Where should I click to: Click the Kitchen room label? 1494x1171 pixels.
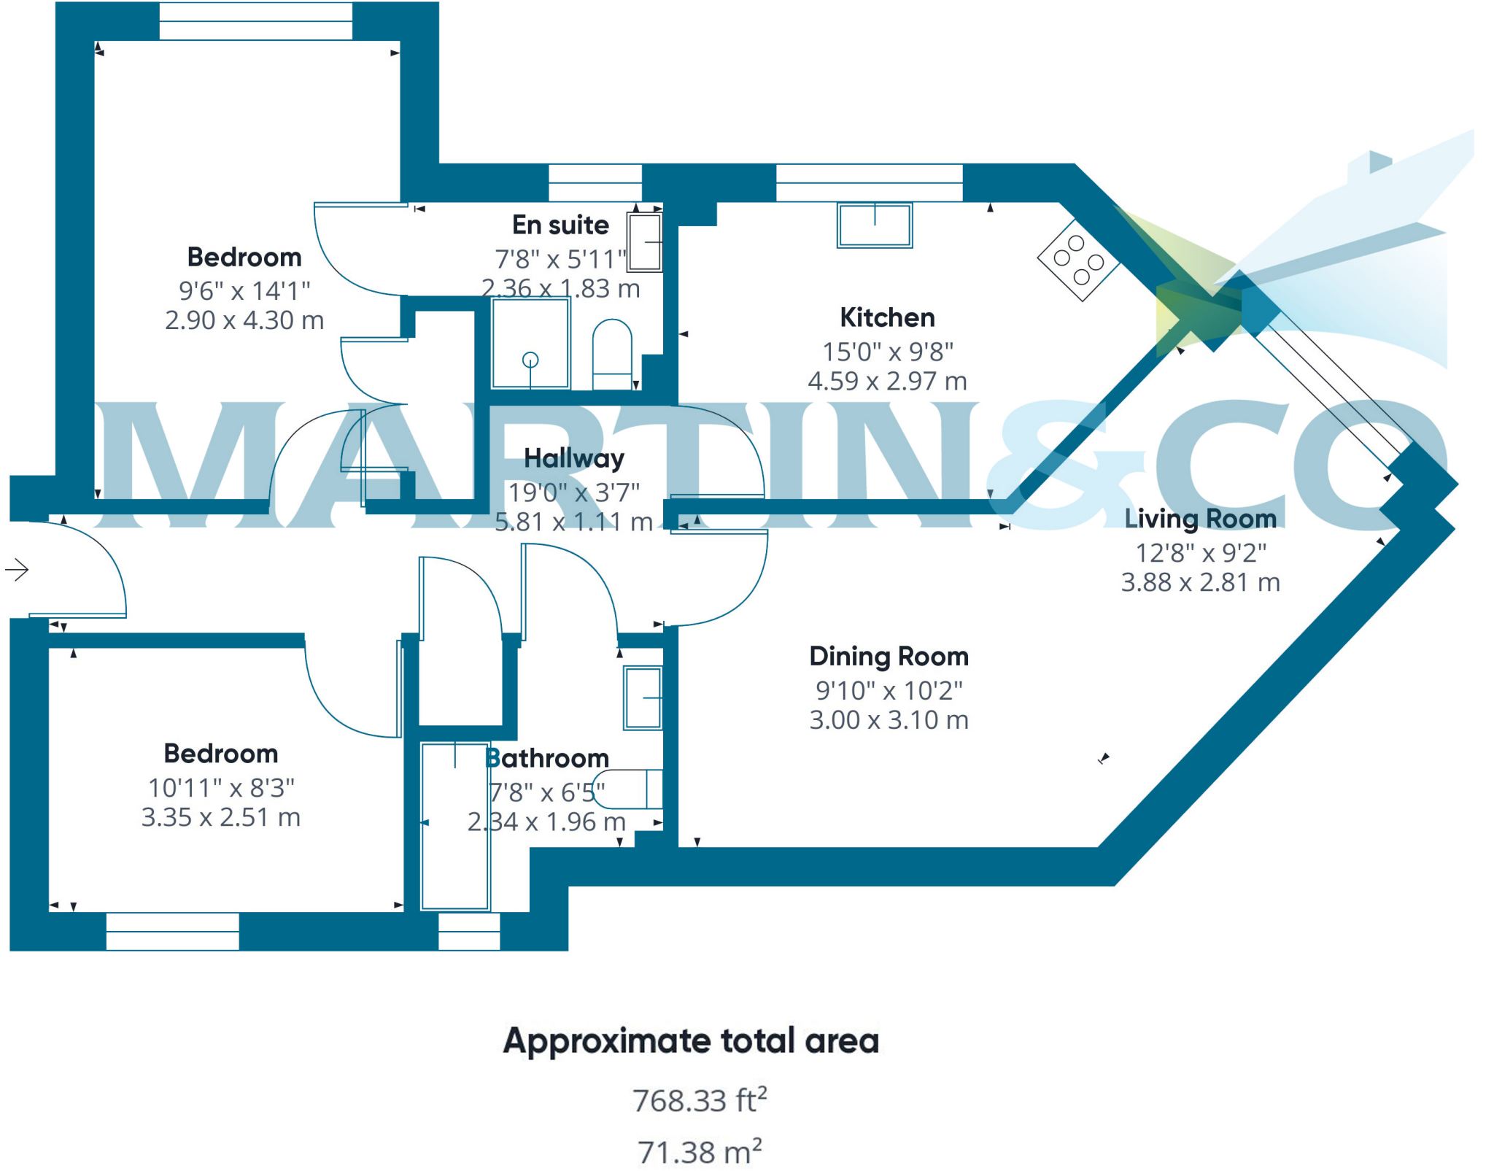(x=887, y=317)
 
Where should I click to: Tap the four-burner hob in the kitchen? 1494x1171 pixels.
(x=1078, y=260)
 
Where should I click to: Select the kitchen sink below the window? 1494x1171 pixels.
(x=875, y=225)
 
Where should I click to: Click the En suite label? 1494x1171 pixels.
(x=560, y=225)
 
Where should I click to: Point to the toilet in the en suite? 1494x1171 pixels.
(x=612, y=354)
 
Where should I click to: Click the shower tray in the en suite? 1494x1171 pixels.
(x=530, y=343)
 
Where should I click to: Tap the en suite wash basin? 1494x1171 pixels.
(x=645, y=241)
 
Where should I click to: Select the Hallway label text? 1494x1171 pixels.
(x=574, y=458)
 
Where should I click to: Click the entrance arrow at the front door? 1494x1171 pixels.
(x=17, y=569)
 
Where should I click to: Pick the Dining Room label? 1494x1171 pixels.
(x=889, y=656)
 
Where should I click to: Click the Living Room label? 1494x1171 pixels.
(x=1200, y=518)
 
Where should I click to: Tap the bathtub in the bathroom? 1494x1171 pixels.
(x=455, y=826)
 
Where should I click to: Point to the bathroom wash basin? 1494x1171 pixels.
(x=643, y=698)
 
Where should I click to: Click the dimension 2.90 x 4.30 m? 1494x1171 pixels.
(x=244, y=320)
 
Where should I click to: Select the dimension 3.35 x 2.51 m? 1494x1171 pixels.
(x=221, y=817)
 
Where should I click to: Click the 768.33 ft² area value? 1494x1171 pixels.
(x=699, y=1100)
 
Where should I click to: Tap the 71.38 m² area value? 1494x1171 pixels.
(x=699, y=1152)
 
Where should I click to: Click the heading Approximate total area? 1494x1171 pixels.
(x=691, y=1040)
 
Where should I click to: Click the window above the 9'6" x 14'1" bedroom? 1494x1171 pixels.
(x=255, y=21)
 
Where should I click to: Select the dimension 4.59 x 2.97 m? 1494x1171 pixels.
(x=887, y=381)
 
